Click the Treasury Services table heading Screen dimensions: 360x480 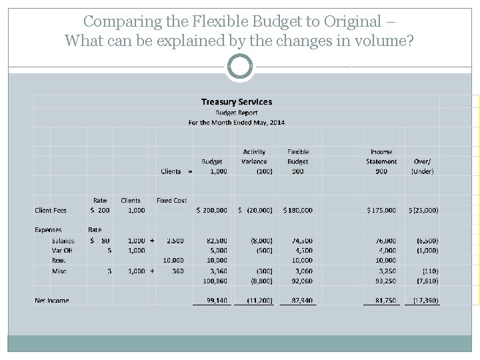[x=237, y=102]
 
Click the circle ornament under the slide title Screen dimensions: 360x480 [x=239, y=67]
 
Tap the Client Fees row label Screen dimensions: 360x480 [x=51, y=211]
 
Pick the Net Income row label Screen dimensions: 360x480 [x=52, y=301]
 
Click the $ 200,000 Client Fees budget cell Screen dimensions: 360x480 [x=211, y=211]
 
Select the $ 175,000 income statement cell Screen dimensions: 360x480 [x=381, y=211]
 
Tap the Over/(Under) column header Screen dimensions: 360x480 [x=423, y=166]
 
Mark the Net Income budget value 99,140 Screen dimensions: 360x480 [x=216, y=301]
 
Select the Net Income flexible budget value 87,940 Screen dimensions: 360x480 [x=299, y=301]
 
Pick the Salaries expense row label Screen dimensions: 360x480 [x=63, y=240]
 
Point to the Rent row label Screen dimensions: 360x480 [x=59, y=261]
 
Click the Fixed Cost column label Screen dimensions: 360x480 [x=171, y=200]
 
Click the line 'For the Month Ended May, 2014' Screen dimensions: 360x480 [x=237, y=123]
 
